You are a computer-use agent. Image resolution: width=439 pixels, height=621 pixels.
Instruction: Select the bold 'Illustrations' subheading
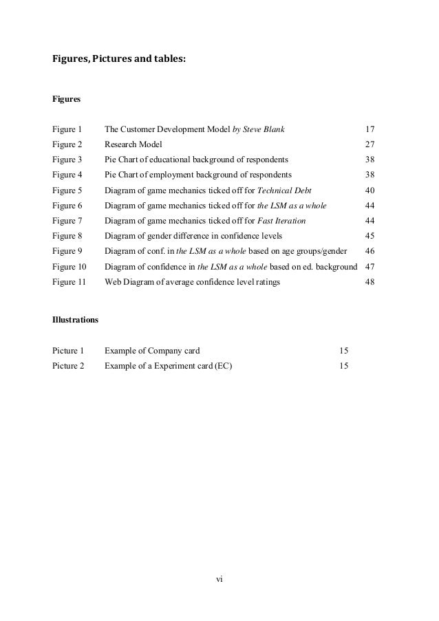point(75,320)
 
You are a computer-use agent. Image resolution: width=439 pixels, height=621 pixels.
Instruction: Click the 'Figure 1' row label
point(67,129)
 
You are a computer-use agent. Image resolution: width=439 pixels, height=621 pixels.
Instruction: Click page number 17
point(370,129)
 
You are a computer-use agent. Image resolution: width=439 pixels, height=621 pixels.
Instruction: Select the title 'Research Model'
point(133,144)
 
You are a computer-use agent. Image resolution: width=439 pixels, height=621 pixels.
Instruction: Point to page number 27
point(370,144)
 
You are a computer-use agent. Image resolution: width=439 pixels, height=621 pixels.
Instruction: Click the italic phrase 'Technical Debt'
point(283,190)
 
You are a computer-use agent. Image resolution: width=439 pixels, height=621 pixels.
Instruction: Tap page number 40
point(370,190)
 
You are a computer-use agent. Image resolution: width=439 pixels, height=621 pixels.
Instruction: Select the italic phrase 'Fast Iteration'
point(281,221)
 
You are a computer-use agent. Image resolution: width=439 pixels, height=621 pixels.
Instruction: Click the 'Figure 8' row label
point(67,236)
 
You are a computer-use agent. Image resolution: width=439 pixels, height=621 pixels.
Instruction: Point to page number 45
point(370,236)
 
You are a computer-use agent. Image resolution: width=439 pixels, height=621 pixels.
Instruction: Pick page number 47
point(370,266)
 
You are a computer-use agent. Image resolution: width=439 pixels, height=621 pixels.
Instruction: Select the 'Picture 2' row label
point(68,366)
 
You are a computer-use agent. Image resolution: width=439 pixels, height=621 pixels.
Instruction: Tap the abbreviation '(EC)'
point(223,366)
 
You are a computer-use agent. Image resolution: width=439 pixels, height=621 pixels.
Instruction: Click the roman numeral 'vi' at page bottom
point(219,578)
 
